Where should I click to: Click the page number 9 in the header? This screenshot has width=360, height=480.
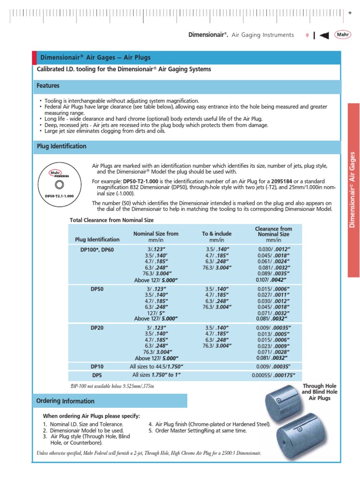point(307,35)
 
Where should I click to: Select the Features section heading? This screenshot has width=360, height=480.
point(48,86)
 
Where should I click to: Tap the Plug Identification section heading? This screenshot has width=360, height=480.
point(61,146)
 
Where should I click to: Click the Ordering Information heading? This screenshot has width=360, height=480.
point(65,401)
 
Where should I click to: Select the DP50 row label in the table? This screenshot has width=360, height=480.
point(97,290)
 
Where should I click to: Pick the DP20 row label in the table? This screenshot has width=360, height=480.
point(97,328)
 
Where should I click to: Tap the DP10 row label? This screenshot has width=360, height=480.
point(97,366)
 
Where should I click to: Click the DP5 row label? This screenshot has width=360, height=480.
point(97,375)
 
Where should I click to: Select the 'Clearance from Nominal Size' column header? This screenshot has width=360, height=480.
point(273,232)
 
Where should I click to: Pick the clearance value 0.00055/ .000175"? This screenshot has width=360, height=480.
point(276,375)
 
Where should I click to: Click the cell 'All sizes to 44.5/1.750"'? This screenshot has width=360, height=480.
point(156,366)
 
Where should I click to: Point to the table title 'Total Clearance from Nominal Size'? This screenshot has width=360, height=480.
point(112,220)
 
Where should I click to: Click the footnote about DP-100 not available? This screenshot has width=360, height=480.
point(112,385)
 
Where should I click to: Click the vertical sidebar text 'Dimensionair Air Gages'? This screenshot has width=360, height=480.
point(353,190)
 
